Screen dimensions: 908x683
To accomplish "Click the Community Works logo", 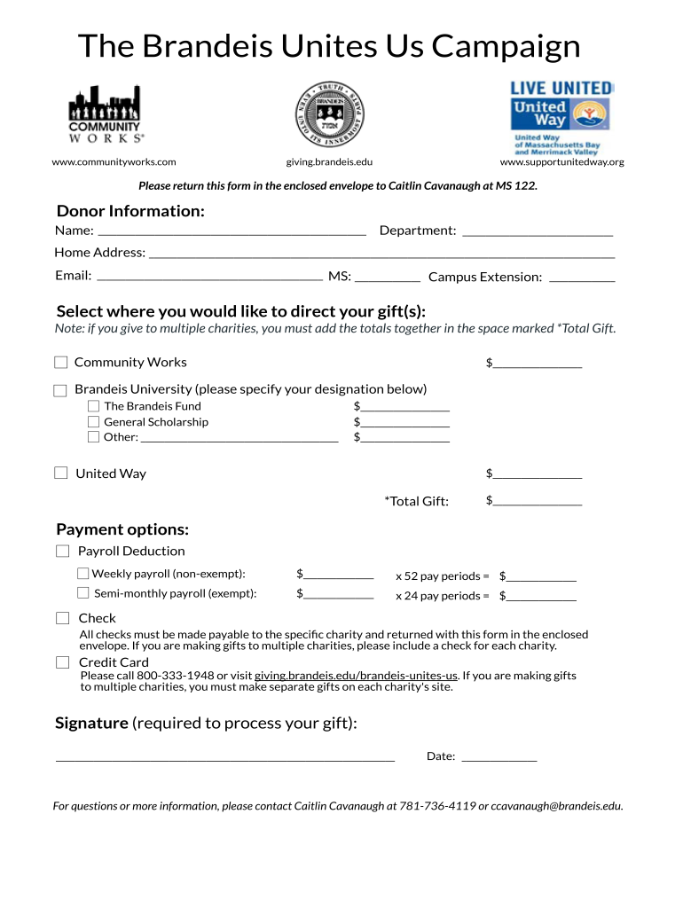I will coord(106,115).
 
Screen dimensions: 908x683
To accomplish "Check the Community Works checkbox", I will coord(60,362).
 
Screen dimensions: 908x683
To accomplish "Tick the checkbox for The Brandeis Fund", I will coord(93,406).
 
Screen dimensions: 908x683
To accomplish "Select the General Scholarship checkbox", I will coord(93,422).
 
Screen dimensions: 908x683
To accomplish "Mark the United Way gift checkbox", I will coord(60,473).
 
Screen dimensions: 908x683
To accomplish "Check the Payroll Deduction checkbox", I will coord(62,551).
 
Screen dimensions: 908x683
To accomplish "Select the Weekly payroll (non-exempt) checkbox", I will coord(82,574).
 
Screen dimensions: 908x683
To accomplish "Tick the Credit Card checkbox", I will coord(62,662).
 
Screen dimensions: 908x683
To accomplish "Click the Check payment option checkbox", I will coord(62,618).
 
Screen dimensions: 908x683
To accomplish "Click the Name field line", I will coord(231,231).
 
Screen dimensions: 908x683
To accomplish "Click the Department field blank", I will coord(538,231).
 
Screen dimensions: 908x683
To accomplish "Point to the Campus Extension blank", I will coord(582,278).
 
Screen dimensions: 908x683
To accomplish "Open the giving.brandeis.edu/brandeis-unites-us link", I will coord(356,676).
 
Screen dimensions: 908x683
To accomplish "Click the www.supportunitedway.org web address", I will coord(561,162).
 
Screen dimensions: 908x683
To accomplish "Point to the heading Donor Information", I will coord(130,211).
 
